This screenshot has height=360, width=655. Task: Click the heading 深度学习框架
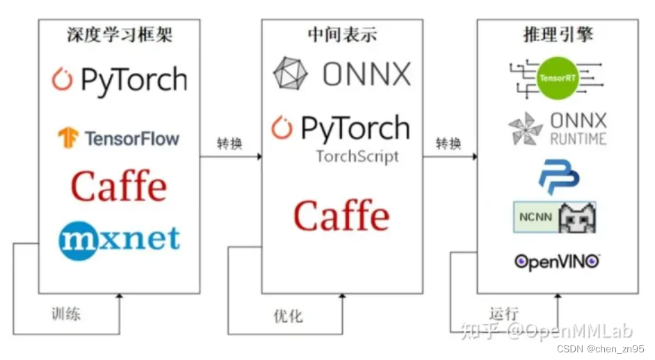119,35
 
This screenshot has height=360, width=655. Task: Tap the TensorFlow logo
118,138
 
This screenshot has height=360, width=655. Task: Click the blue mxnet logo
119,239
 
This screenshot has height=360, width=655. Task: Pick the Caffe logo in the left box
119,186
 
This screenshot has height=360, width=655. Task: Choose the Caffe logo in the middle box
341,215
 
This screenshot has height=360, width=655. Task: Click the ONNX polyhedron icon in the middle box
290,74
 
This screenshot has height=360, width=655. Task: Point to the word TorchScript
357,156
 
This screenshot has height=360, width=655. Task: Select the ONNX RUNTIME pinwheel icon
525,129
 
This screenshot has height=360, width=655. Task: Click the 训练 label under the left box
66,313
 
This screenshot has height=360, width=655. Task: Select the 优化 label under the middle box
288,316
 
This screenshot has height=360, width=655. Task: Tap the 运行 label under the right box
503,313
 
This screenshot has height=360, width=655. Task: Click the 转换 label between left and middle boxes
230,144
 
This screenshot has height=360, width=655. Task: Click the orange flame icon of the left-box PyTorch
63,79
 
